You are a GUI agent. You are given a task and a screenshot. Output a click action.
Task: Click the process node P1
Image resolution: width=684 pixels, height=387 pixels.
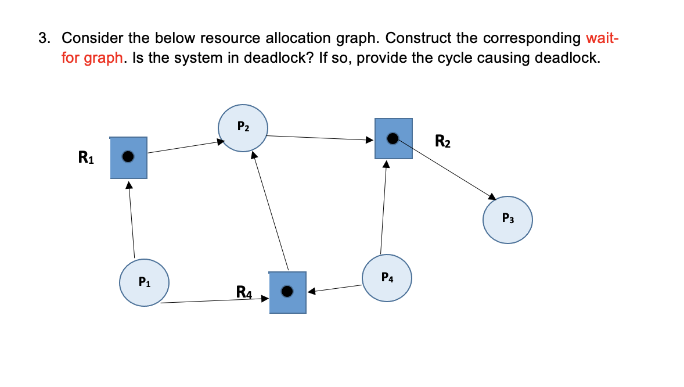coord(144,283)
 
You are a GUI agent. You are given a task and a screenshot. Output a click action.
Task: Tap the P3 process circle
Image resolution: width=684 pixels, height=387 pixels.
coord(507,220)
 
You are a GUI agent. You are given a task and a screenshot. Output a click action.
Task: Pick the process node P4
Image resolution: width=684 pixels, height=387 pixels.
coord(387,278)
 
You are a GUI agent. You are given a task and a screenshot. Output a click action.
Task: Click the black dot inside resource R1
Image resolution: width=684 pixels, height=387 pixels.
coord(128,156)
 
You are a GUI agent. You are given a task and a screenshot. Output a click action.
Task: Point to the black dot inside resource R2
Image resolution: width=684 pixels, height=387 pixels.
coord(393,138)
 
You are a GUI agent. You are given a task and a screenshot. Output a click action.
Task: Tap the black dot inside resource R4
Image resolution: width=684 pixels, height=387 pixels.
coord(287,291)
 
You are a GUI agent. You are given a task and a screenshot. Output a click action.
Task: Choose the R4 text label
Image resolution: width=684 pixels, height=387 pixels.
coord(244,291)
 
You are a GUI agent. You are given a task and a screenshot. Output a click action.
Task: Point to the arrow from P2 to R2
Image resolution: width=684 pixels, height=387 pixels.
coord(319,138)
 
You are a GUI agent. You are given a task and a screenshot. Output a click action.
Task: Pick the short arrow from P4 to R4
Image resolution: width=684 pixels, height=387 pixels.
coord(336,288)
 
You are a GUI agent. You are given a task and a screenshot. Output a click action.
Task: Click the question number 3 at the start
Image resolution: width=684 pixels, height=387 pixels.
coord(44,38)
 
